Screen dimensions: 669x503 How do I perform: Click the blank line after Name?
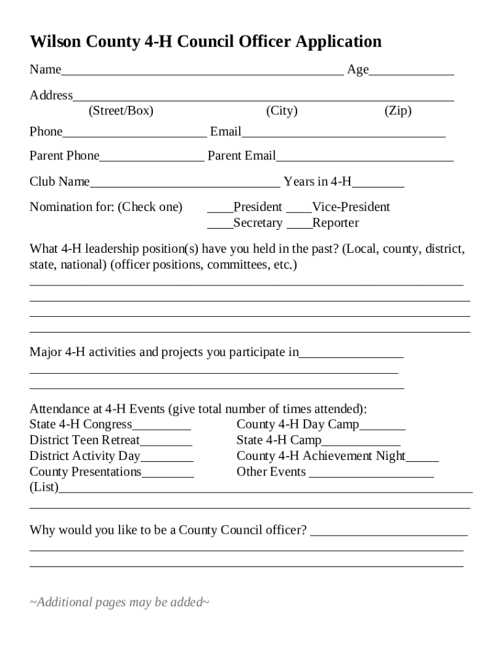tap(202, 72)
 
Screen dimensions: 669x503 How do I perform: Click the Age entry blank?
tap(412, 72)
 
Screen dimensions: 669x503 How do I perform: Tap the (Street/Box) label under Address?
tap(121, 111)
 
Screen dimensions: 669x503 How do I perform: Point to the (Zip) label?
tap(398, 111)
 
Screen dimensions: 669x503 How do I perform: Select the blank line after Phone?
tap(135, 134)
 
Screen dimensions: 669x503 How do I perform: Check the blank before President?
tap(220, 209)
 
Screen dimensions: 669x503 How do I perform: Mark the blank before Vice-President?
tap(299, 209)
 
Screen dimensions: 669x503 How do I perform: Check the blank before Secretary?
tap(220, 225)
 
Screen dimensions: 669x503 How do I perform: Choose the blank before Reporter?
tap(299, 225)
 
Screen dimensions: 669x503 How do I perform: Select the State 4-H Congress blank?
tap(161, 427)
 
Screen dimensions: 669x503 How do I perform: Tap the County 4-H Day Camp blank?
tap(382, 427)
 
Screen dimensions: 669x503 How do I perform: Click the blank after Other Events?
tap(371, 474)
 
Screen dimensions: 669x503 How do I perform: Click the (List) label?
tap(44, 488)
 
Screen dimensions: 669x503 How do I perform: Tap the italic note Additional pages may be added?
tap(120, 602)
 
